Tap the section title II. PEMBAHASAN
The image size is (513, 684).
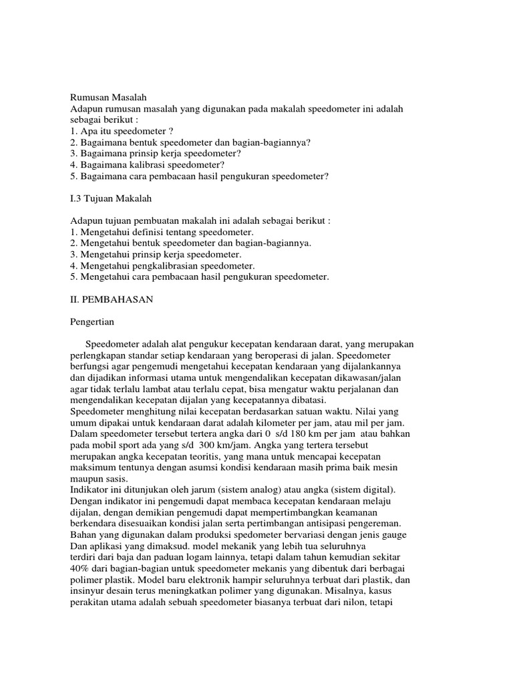pos(112,299)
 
